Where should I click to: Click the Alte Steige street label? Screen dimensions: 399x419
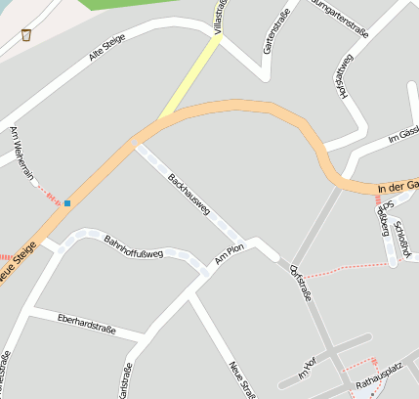108,51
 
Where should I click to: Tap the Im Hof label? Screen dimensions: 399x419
306,369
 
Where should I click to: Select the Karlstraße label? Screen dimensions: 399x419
126,379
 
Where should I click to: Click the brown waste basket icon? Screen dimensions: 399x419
26,35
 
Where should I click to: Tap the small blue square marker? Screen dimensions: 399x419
67,203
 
